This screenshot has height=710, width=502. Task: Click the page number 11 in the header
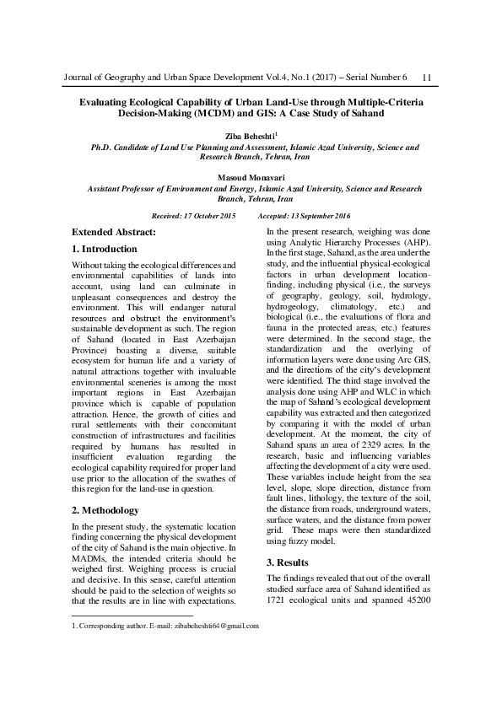click(x=426, y=78)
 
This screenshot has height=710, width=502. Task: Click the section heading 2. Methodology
click(x=105, y=510)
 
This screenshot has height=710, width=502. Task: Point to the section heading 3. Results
click(x=291, y=562)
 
